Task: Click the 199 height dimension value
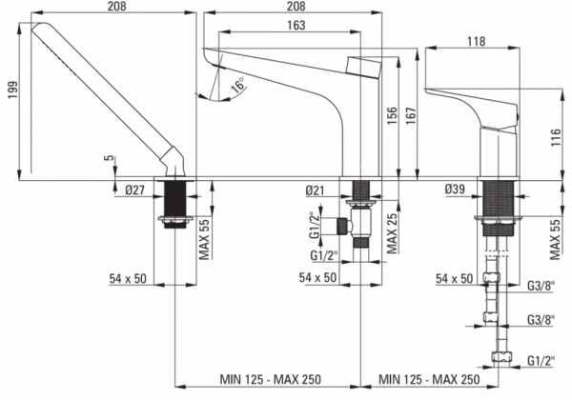pyautogui.click(x=13, y=90)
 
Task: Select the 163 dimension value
pyautogui.click(x=296, y=25)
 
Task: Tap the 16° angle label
pyautogui.click(x=239, y=85)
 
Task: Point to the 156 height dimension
pyautogui.click(x=392, y=116)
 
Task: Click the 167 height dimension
pyautogui.click(x=411, y=116)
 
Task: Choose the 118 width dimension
pyautogui.click(x=477, y=42)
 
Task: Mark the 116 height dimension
pyautogui.click(x=556, y=138)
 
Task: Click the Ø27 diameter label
pyautogui.click(x=135, y=190)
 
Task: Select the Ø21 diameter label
pyautogui.click(x=315, y=190)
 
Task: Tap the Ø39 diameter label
pyautogui.click(x=455, y=189)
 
